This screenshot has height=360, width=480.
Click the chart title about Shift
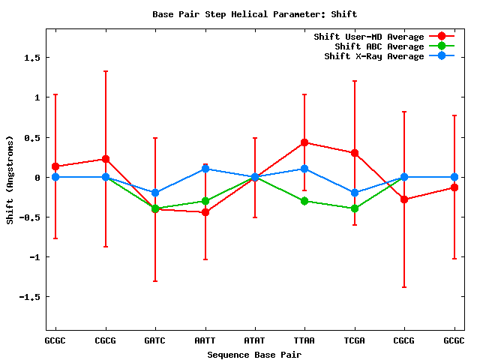pos(255,14)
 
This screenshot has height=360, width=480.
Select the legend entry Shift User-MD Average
pos(368,37)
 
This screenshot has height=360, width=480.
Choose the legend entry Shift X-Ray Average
pos(374,56)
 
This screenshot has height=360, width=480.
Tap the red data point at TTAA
pos(304,142)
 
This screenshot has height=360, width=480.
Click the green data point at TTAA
pos(304,201)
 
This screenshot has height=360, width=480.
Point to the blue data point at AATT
pos(205,169)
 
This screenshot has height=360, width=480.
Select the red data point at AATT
pos(205,212)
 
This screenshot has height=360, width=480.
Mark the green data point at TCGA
pos(355,208)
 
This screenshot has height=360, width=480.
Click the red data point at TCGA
pos(355,153)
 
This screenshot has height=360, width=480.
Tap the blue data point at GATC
pos(155,193)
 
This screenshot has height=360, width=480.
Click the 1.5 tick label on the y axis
pos(31,58)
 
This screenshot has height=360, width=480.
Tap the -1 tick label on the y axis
pos(34,257)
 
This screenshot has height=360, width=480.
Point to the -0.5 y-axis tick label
pos(29,217)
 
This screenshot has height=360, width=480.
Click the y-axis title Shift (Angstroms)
pos(10,180)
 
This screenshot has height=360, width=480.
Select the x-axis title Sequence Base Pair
pos(255,354)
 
